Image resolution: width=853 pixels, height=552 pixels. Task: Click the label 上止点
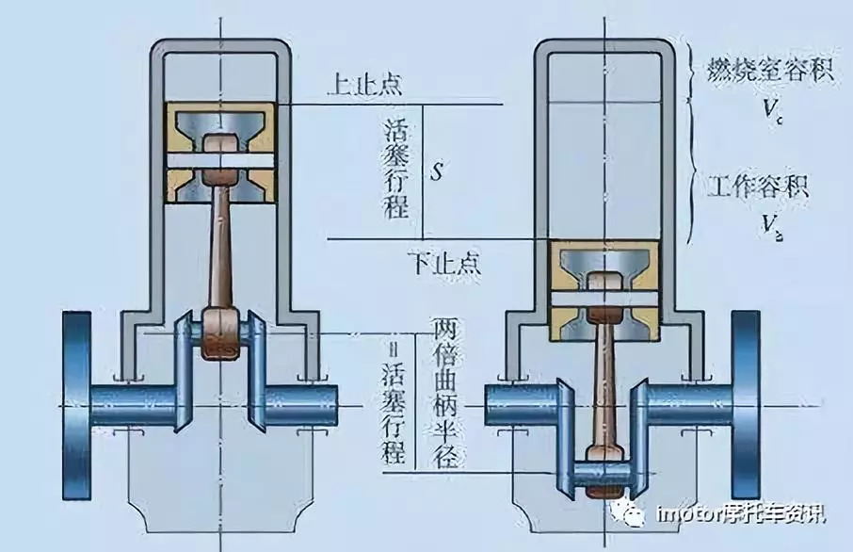click(x=364, y=85)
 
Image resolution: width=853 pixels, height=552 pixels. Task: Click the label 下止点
click(x=444, y=261)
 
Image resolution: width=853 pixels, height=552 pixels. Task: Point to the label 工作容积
click(x=757, y=186)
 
